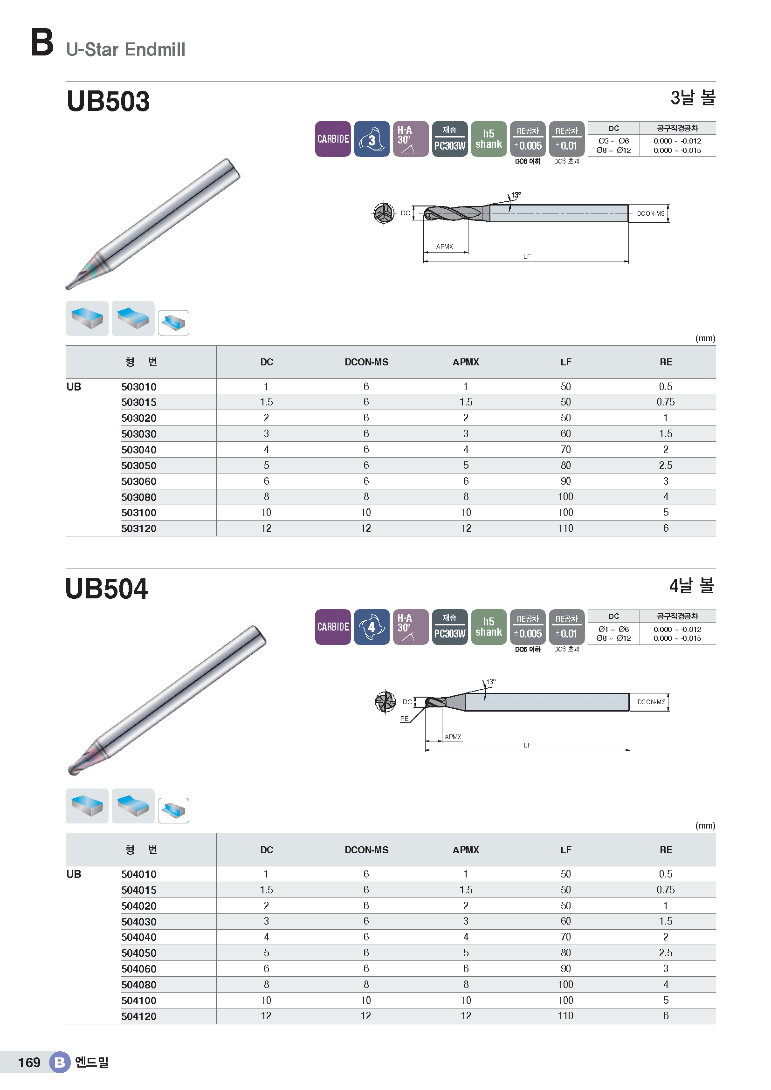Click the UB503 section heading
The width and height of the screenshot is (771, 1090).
[x=108, y=101]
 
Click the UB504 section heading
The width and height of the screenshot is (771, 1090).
[x=107, y=589]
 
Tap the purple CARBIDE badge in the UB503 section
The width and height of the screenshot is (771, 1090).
[x=333, y=139]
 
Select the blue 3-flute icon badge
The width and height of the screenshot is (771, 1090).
[x=372, y=139]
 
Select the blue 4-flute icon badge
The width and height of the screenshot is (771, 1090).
[x=372, y=627]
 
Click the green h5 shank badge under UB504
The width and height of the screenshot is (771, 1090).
[x=489, y=627]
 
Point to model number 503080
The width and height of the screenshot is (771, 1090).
[x=138, y=497]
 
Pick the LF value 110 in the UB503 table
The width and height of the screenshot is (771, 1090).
[x=565, y=528]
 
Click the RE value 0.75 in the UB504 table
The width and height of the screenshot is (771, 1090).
[x=666, y=890]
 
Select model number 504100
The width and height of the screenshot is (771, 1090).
[x=138, y=1000]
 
